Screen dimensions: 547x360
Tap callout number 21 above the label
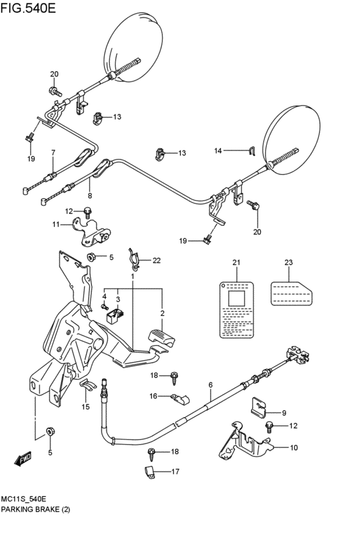tap(235, 262)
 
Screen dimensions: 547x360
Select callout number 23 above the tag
tap(288, 262)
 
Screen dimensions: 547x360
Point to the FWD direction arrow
tap(23, 459)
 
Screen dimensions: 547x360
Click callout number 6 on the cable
tap(210, 385)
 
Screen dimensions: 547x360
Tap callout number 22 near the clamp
tap(156, 260)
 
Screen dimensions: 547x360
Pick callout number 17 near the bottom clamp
tap(175, 472)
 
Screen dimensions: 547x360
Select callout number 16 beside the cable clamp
tap(153, 396)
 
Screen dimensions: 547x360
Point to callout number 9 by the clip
tap(283, 413)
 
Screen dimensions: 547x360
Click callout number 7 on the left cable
tap(53, 152)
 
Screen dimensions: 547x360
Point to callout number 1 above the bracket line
tap(132, 276)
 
